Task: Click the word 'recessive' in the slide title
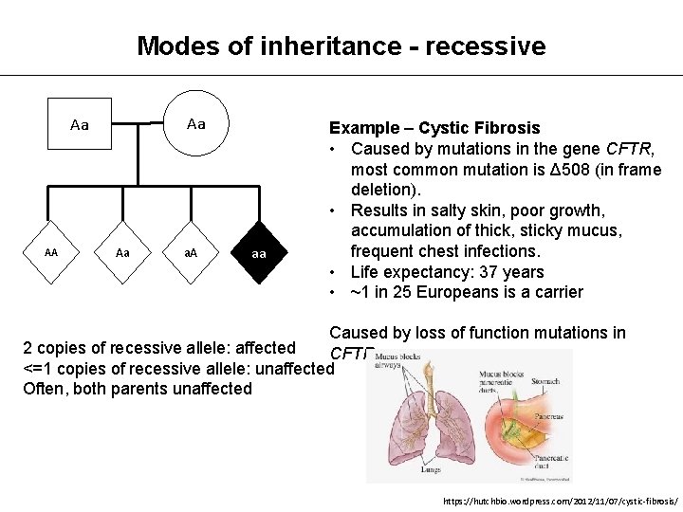486,46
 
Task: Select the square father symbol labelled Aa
81,124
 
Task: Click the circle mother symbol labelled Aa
196,123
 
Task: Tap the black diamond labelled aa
258,254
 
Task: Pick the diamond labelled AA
50,253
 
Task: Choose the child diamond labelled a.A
190,254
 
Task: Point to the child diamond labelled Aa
122,253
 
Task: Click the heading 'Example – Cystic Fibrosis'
434,128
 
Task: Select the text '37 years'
512,272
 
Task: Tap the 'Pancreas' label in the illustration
548,415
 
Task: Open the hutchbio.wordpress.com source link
560,501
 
